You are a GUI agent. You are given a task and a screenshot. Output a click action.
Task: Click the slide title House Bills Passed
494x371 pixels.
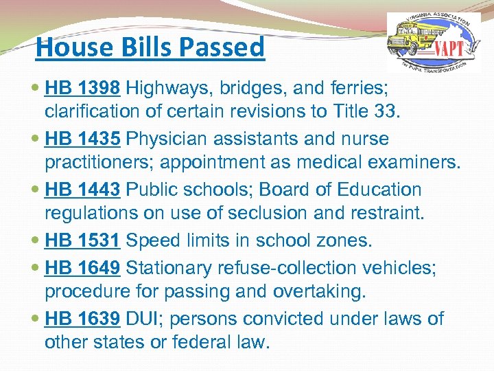click(150, 47)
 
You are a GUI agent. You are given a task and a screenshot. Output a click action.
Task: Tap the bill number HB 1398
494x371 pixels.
click(83, 88)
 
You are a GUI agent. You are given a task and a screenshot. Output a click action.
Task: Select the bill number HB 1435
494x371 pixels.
click(83, 139)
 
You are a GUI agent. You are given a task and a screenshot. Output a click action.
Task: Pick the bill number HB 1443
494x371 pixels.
click(83, 190)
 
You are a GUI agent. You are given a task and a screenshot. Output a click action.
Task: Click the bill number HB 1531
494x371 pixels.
click(83, 240)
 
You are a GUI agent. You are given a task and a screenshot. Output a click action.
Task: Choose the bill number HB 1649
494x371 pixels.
click(83, 268)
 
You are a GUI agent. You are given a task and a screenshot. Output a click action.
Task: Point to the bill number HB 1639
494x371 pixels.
click(83, 319)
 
